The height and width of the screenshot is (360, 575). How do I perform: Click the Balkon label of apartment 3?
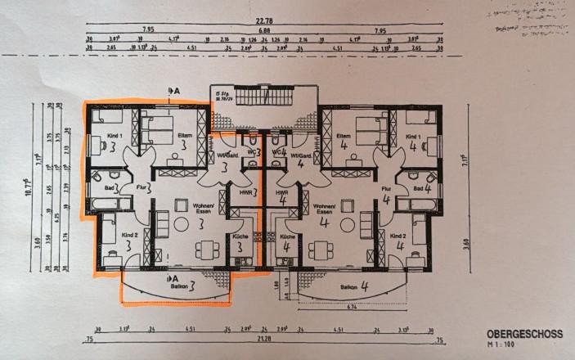[x=179, y=286]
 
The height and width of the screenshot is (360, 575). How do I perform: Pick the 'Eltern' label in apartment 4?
[x=344, y=136]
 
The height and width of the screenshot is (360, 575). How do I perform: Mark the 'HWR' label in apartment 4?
[x=281, y=192]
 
